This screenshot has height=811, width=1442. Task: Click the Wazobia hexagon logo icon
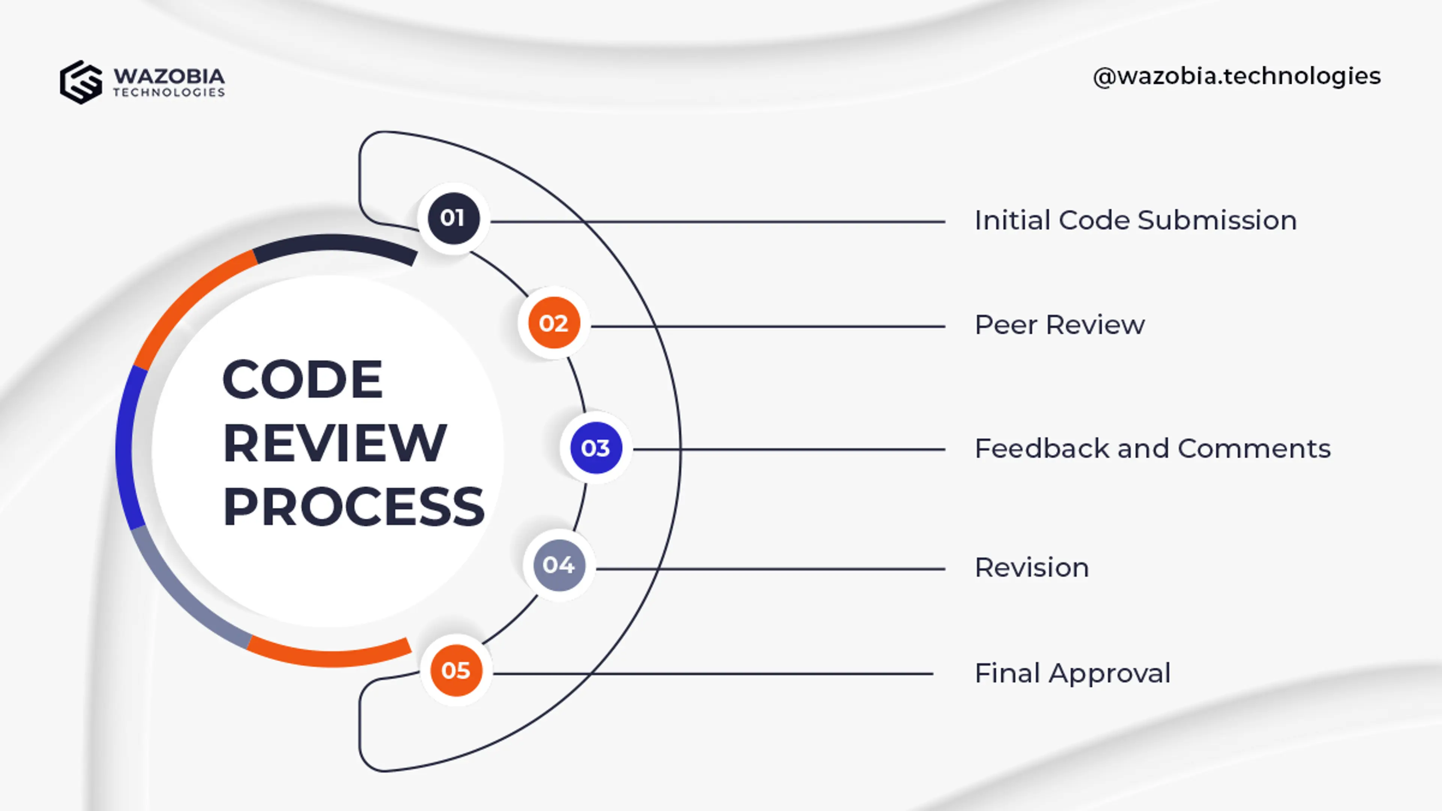point(81,82)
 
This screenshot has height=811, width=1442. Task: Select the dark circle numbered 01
point(453,218)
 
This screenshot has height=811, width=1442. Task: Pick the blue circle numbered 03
point(596,448)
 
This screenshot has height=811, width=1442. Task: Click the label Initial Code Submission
point(1135,220)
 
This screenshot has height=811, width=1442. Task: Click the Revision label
point(1032,568)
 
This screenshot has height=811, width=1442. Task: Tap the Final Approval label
point(1072,673)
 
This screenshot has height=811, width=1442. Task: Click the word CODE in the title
point(302,380)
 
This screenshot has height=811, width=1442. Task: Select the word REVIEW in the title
point(335,443)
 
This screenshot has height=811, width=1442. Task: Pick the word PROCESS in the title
point(354,507)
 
